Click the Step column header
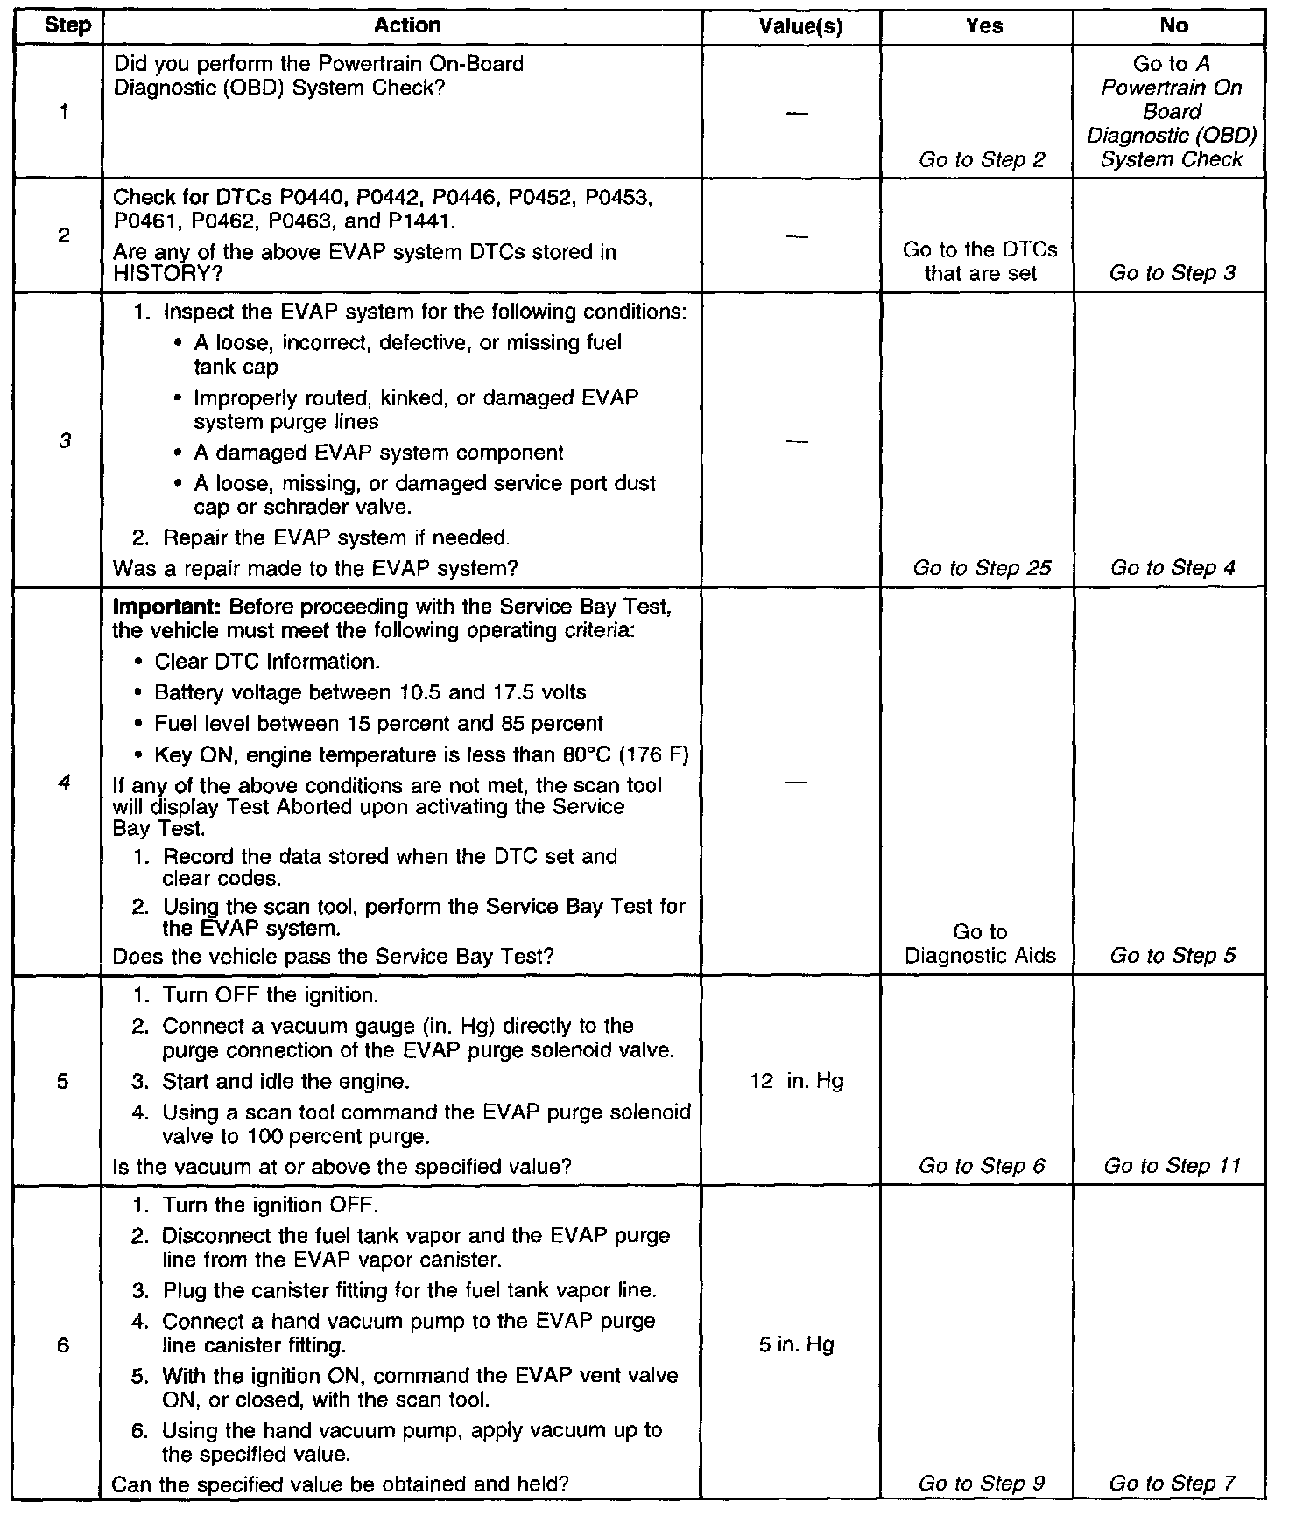click(67, 25)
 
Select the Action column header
click(407, 25)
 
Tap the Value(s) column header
click(799, 26)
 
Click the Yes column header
click(983, 26)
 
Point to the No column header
click(1173, 25)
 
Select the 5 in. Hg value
click(797, 1344)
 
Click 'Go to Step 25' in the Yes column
click(982, 568)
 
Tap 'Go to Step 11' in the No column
click(1172, 1165)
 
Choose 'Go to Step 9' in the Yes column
click(982, 1483)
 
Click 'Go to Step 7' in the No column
click(1172, 1483)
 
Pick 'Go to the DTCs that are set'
click(980, 262)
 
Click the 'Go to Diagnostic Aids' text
click(980, 944)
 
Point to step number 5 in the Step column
click(62, 1081)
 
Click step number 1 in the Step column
click(64, 112)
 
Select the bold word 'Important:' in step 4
click(167, 607)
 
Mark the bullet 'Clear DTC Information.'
click(266, 662)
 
